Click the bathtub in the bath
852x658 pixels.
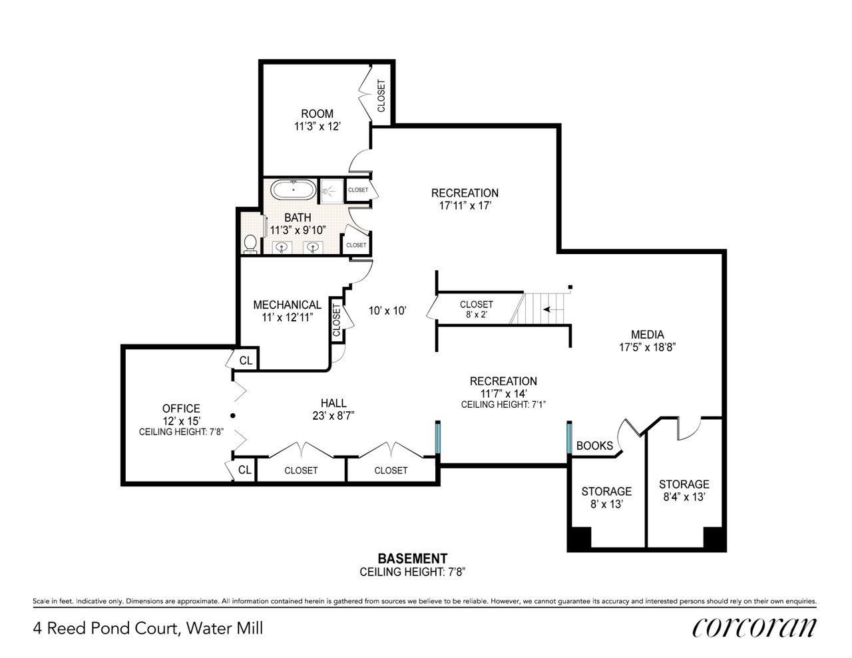click(293, 190)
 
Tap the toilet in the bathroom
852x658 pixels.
click(250, 244)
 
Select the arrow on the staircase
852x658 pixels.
click(550, 309)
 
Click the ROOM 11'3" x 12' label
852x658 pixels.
click(317, 120)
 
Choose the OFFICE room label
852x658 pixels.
click(181, 414)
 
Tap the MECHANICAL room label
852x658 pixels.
click(287, 311)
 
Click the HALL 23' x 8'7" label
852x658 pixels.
click(333, 409)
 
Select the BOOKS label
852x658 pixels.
click(594, 446)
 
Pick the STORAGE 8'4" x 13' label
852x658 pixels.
click(684, 490)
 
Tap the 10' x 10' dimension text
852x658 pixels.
click(387, 310)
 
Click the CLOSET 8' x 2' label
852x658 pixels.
click(476, 309)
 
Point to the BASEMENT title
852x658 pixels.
click(412, 558)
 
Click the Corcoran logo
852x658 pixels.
click(753, 627)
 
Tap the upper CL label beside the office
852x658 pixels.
click(246, 361)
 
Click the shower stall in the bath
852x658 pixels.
click(329, 190)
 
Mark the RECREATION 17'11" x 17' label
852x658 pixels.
click(465, 199)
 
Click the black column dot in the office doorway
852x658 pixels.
click(232, 416)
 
